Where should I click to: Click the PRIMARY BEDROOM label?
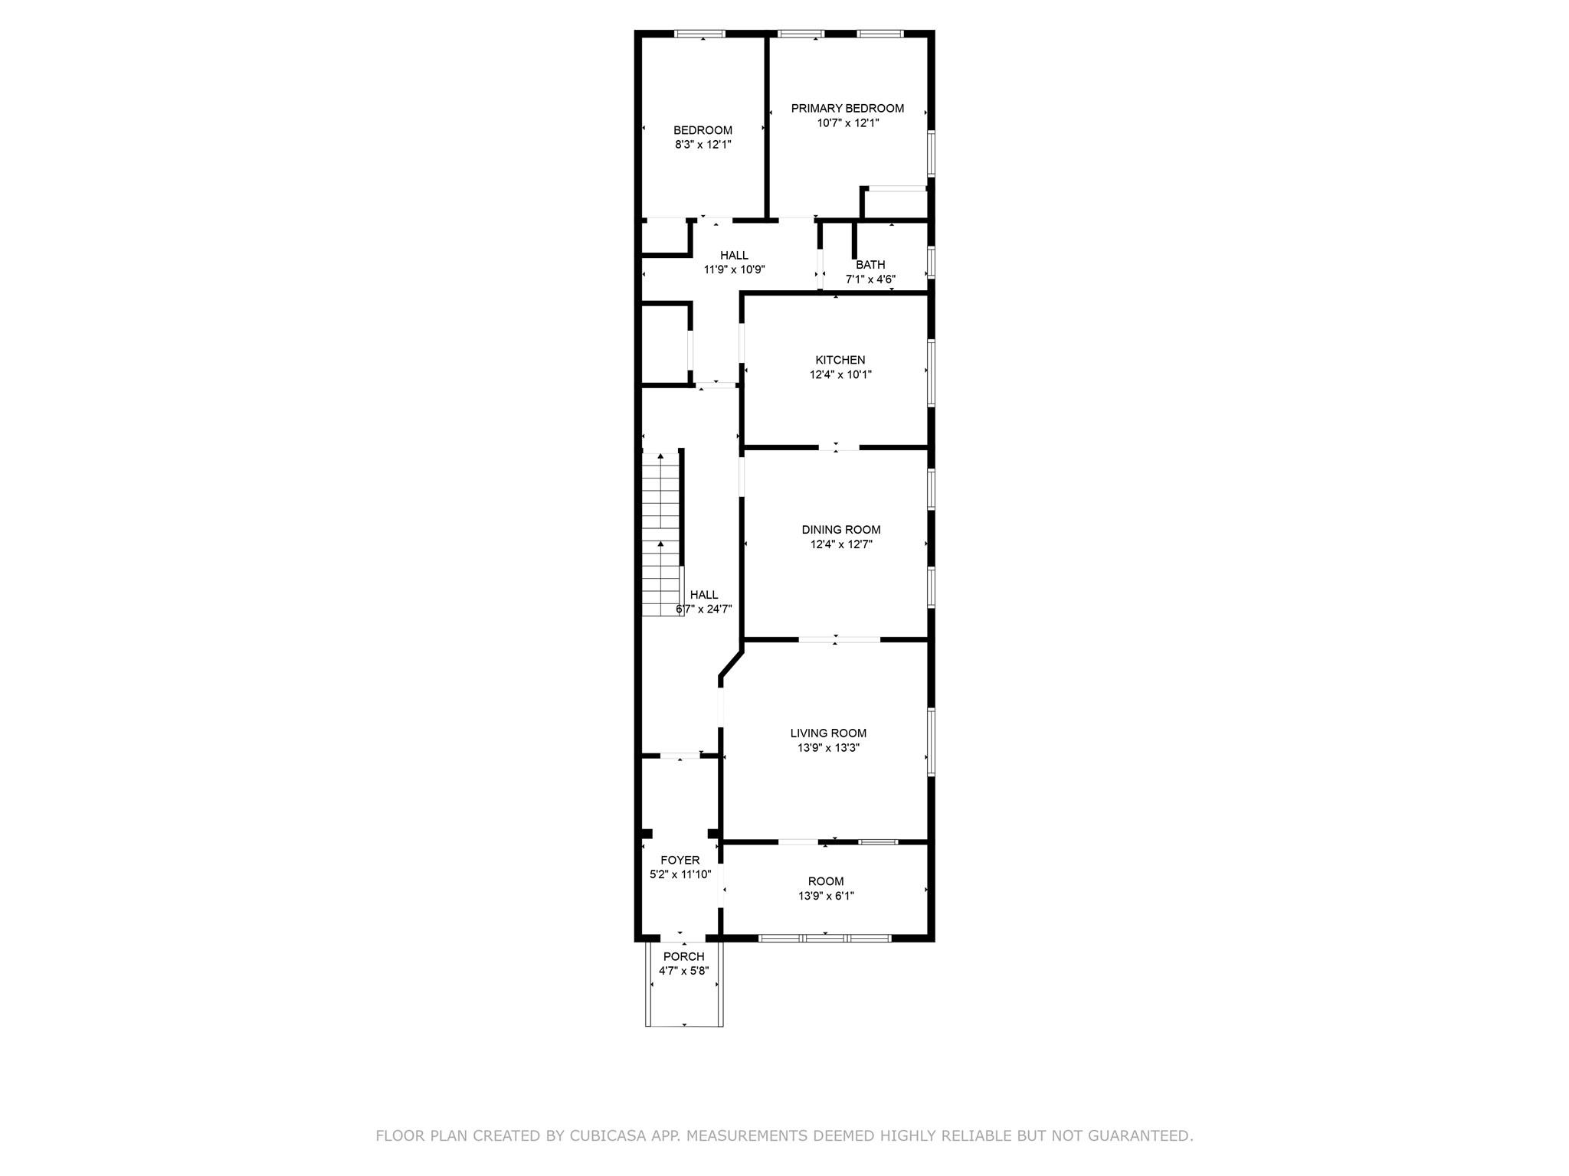click(x=847, y=109)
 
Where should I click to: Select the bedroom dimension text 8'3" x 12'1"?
click(x=703, y=144)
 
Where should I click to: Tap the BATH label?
click(x=870, y=265)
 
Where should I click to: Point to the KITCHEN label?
click(x=840, y=360)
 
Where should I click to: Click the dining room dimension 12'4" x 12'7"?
click(x=841, y=544)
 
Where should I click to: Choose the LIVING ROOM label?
click(x=828, y=733)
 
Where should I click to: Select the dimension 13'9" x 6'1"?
click(x=826, y=896)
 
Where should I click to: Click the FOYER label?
click(x=680, y=861)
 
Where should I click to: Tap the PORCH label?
click(x=684, y=957)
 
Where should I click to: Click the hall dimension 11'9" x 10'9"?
click(x=734, y=269)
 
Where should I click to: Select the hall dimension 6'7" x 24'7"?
click(x=704, y=609)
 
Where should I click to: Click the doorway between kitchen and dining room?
click(x=838, y=447)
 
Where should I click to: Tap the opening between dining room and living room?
click(x=839, y=639)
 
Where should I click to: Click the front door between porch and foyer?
click(x=683, y=938)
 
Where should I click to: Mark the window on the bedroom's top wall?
click(x=699, y=34)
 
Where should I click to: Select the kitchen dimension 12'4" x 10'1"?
click(x=840, y=375)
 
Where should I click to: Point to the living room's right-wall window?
click(x=931, y=742)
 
